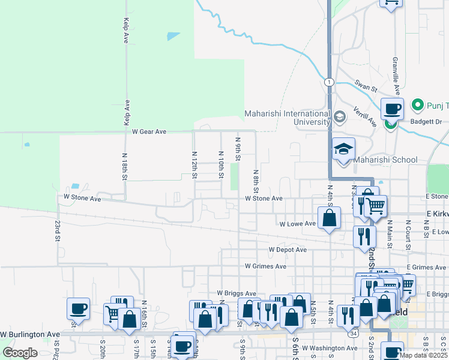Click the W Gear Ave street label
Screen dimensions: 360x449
click(149, 131)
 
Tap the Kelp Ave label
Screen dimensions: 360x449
click(126, 29)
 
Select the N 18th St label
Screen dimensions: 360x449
click(124, 167)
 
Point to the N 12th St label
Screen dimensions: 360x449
click(194, 164)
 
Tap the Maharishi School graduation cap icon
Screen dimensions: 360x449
click(344, 149)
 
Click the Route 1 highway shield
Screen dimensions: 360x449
click(329, 82)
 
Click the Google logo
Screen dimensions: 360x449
click(20, 352)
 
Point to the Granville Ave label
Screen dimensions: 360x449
click(396, 76)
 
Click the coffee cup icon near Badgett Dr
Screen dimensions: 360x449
click(392, 109)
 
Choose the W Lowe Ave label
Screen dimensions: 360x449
click(298, 224)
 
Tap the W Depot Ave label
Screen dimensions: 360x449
click(288, 250)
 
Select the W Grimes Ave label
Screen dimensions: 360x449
click(265, 266)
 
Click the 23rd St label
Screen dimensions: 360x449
click(58, 230)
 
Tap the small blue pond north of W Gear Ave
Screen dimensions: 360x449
click(173, 36)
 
